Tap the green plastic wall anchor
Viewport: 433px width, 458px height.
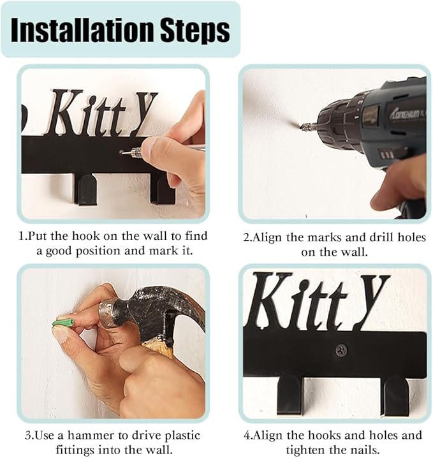click(x=64, y=323)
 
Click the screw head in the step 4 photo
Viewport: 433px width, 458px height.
click(x=341, y=350)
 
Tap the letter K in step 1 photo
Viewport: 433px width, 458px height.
click(x=66, y=112)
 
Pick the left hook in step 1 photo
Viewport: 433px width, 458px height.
click(x=85, y=189)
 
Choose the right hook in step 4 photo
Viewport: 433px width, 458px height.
click(x=396, y=396)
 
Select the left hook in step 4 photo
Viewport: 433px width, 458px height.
click(x=289, y=395)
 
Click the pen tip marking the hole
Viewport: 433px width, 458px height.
click(x=122, y=152)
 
